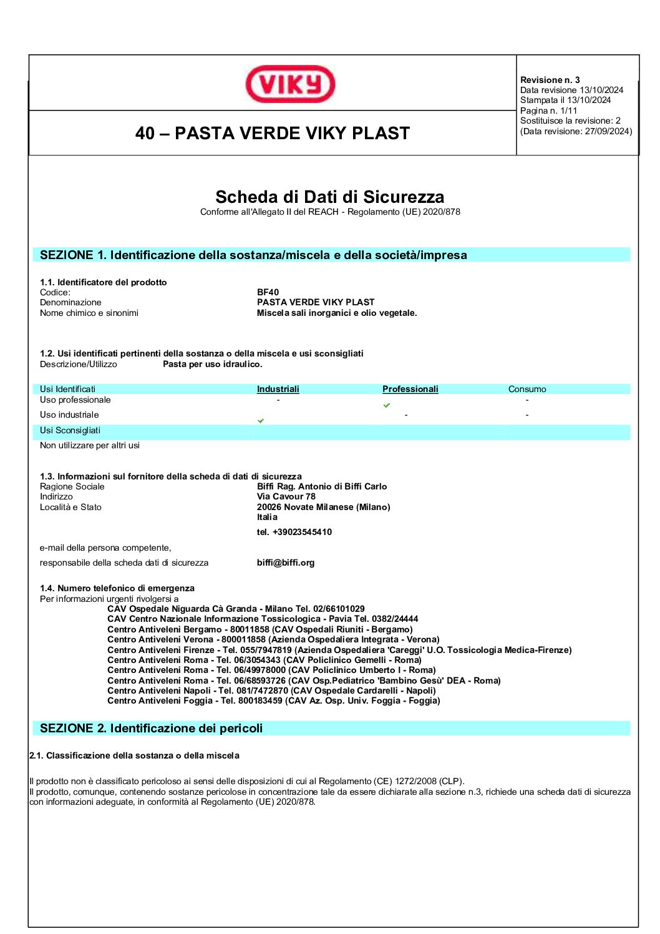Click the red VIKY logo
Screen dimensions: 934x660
(x=290, y=84)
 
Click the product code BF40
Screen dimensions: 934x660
(x=268, y=292)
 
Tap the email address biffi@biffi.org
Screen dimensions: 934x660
(x=286, y=563)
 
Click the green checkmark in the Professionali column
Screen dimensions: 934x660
(x=387, y=405)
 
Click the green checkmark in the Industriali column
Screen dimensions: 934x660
(x=261, y=421)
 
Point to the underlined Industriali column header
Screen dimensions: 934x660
(x=278, y=389)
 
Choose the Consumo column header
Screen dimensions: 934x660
(x=527, y=389)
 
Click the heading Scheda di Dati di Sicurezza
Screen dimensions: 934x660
(x=329, y=197)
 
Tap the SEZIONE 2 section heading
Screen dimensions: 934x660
(x=152, y=728)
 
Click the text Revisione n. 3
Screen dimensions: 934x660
(x=550, y=80)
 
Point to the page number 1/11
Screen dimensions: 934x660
(x=569, y=111)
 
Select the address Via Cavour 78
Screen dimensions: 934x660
(x=286, y=496)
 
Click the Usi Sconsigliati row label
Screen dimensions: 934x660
(x=70, y=430)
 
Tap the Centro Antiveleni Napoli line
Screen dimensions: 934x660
(x=271, y=691)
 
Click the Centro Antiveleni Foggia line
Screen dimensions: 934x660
(x=273, y=701)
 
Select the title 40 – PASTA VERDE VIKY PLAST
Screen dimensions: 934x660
(x=273, y=133)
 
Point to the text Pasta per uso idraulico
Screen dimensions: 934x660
(x=213, y=364)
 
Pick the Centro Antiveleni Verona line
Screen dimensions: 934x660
(x=273, y=639)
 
